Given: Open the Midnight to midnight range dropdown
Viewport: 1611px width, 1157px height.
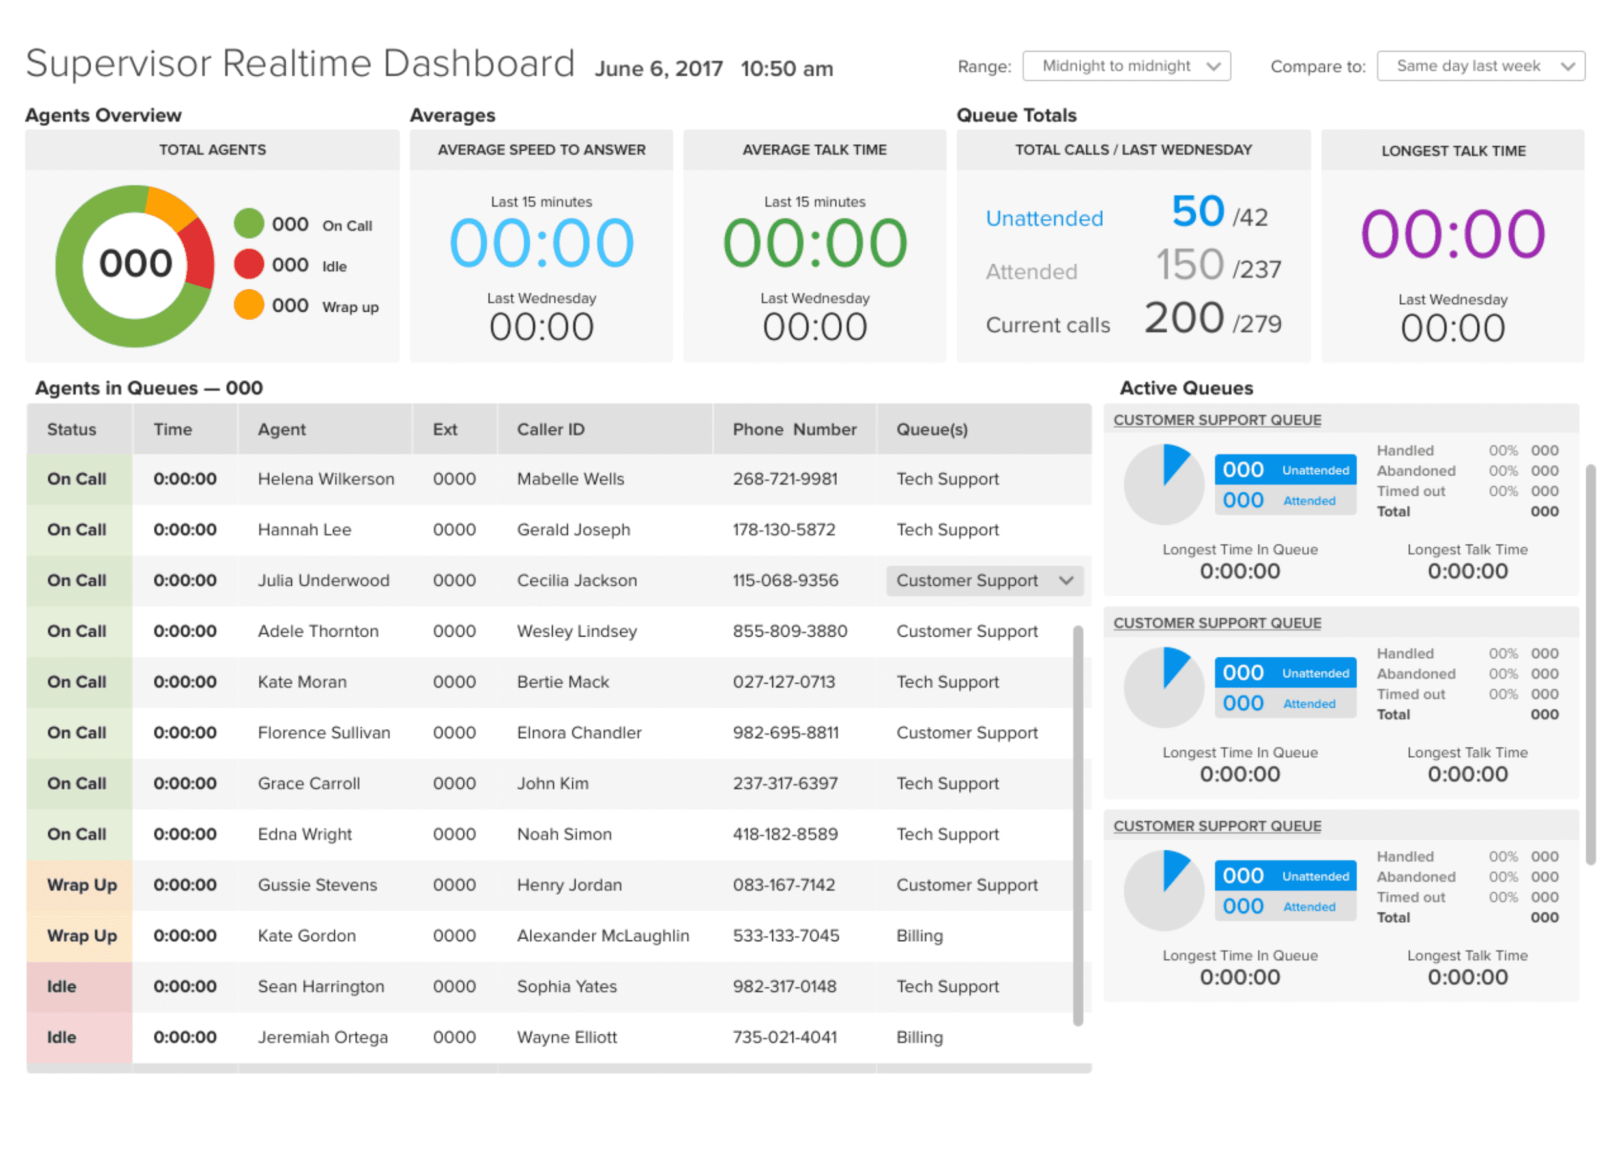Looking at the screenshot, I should (x=1126, y=66).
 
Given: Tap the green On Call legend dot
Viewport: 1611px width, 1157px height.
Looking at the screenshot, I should (x=248, y=224).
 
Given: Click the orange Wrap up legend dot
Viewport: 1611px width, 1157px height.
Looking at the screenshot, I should (x=248, y=306).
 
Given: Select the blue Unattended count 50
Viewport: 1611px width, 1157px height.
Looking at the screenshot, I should (x=1198, y=212).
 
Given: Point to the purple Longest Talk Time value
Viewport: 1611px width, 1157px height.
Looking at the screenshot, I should (x=1453, y=234).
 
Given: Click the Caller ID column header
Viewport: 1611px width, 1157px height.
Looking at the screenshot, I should (x=551, y=429).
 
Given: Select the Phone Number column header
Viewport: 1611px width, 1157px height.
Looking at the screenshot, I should (x=794, y=429).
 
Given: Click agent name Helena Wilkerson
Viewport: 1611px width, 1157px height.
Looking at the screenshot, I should (x=325, y=479).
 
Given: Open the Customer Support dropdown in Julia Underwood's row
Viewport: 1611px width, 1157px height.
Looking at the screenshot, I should (x=984, y=580).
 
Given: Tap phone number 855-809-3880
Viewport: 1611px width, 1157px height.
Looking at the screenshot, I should (x=790, y=631).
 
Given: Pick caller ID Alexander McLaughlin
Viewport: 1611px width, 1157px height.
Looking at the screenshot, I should (x=602, y=936).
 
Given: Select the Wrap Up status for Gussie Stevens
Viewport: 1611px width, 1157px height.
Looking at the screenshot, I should (x=81, y=886).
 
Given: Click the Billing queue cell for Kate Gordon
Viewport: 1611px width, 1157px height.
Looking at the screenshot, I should (x=919, y=936).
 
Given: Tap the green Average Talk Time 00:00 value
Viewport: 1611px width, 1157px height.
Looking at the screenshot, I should (x=815, y=244).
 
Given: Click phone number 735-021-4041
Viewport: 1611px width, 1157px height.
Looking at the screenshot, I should (x=784, y=1038).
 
